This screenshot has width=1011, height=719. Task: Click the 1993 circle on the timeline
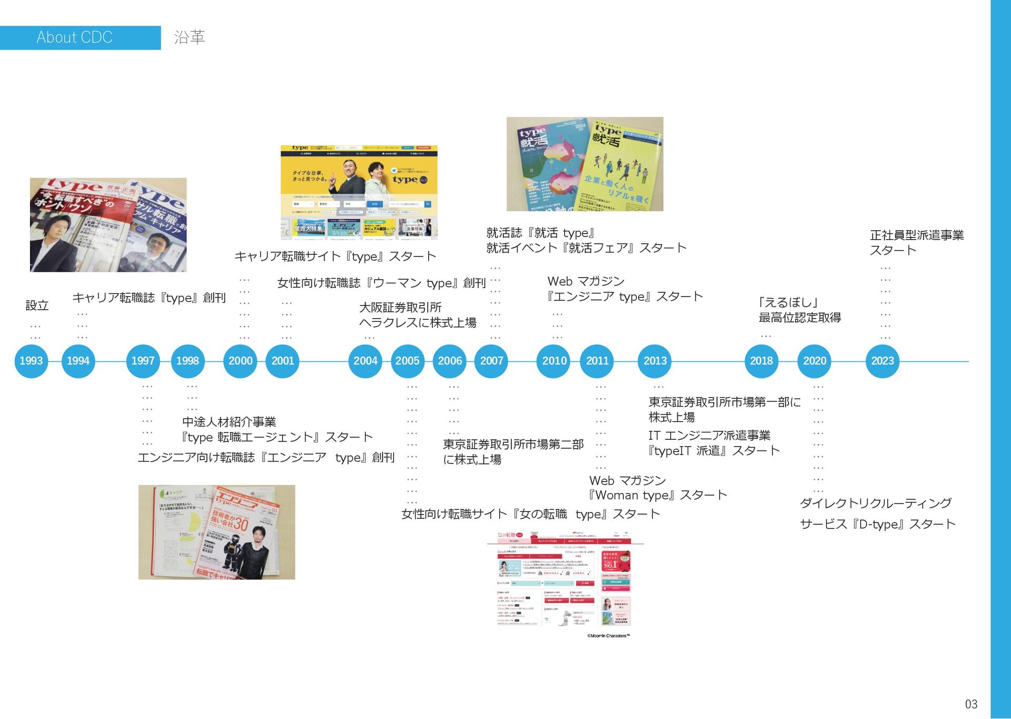pos(31,361)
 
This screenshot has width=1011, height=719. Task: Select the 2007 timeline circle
pos(491,361)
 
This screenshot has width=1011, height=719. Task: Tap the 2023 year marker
pos(882,361)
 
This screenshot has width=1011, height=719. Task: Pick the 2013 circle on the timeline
pos(655,361)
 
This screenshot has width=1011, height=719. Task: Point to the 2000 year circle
pos(240,361)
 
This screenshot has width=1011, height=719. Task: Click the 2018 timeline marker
pos(761,361)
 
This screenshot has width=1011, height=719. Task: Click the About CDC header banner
pos(80,37)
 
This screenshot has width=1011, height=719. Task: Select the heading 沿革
pos(190,37)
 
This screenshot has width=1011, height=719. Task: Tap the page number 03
pos(970,704)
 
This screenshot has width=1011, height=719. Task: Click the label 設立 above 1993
pos(37,306)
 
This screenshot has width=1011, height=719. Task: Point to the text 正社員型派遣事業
pos(917,235)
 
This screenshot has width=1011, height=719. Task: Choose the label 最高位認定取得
pos(799,318)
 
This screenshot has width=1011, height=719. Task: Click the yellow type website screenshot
pos(359,192)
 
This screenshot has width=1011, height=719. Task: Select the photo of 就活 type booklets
pos(584,164)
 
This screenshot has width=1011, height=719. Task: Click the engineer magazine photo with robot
pos(216,532)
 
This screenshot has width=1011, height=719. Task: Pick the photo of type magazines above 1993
pos(108,225)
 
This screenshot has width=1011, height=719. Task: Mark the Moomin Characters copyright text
pos(608,636)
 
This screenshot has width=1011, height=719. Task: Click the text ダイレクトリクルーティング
pos(875,504)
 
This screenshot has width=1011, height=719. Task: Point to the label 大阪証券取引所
pos(400,308)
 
